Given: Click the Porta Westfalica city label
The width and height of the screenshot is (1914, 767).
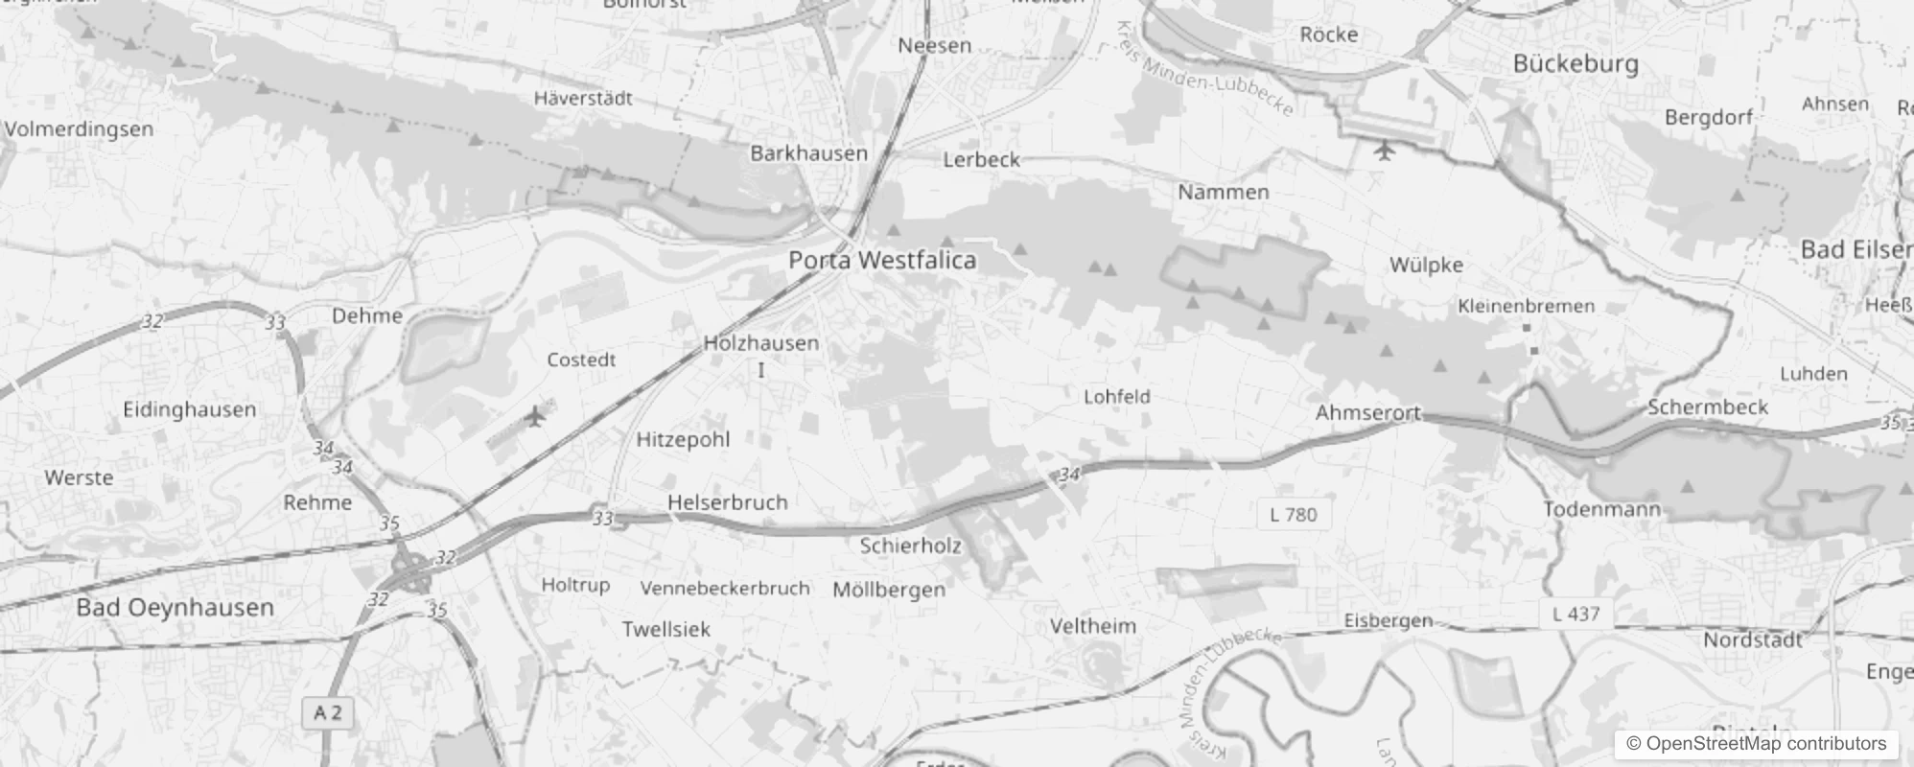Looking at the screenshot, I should coord(882,260).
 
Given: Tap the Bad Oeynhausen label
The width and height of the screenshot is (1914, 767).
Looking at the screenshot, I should coord(175,608).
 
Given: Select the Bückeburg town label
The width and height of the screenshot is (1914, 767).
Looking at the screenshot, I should coord(1576,63).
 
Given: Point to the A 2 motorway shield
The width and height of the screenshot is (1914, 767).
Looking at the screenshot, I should coord(328,713).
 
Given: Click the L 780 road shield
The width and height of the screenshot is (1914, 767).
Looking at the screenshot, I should coord(1293,515).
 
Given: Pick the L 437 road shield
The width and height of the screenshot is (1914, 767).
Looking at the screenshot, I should coord(1576,614).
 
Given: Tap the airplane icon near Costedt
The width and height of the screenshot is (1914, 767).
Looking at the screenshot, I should coord(535,416).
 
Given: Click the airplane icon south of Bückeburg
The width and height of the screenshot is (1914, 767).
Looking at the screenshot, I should coord(1383,151).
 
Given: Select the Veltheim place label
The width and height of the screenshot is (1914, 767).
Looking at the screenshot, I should coord(1092,626).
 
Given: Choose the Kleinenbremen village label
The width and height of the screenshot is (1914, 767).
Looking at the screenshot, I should coord(1526,306).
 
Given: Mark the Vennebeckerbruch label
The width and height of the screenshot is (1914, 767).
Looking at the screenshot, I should coord(725,588).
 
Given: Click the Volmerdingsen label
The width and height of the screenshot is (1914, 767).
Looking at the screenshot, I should coord(79,128).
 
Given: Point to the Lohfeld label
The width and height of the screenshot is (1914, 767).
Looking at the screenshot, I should coord(1116,396).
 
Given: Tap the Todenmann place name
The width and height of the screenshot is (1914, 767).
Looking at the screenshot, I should coord(1600,509).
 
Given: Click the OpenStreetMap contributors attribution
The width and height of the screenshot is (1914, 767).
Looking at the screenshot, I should coord(1756,743).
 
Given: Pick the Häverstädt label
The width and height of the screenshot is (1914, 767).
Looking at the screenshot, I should coord(583,98).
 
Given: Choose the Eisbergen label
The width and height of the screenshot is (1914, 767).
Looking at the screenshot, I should coord(1388,620).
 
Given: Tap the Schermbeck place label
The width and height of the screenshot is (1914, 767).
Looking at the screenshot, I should coord(1707,407).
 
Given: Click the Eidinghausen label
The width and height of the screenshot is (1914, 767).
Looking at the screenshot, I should coord(189,409).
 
